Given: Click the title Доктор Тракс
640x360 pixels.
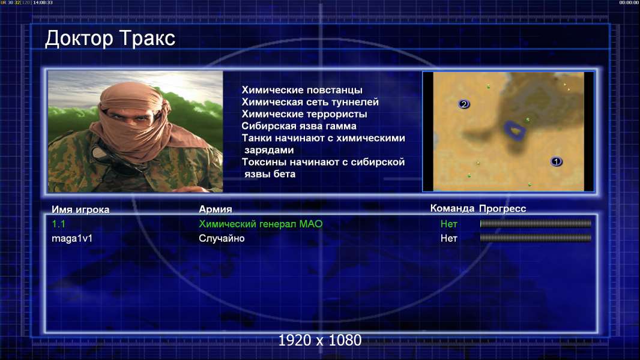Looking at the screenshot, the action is (x=110, y=39).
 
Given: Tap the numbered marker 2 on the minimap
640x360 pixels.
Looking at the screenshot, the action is (x=463, y=104).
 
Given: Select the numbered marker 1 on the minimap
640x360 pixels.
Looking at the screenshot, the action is (x=556, y=161).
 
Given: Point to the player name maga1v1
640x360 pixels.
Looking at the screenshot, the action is (x=72, y=239).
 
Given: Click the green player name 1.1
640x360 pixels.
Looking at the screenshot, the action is (x=58, y=224).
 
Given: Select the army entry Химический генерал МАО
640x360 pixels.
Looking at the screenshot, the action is (x=261, y=224).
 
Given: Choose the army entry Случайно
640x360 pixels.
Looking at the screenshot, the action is (x=221, y=239).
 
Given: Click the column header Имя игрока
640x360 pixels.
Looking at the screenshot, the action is (x=80, y=209).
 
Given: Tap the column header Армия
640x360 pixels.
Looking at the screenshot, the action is (x=215, y=209).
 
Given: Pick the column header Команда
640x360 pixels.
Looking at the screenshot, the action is (x=452, y=208).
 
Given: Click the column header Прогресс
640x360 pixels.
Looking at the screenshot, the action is (x=503, y=209).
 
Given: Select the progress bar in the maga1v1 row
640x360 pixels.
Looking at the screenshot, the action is (x=536, y=238).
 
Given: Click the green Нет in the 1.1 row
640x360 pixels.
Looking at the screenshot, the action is (x=448, y=224).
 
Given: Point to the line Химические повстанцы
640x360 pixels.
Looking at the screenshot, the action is (x=301, y=90).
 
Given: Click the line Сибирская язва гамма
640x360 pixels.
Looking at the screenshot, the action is (x=299, y=126).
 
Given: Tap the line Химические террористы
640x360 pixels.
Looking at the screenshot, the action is (x=304, y=114).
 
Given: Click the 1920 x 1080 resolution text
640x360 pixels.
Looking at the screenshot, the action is (x=319, y=340).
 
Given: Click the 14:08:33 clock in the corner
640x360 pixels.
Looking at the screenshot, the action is (x=43, y=2).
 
